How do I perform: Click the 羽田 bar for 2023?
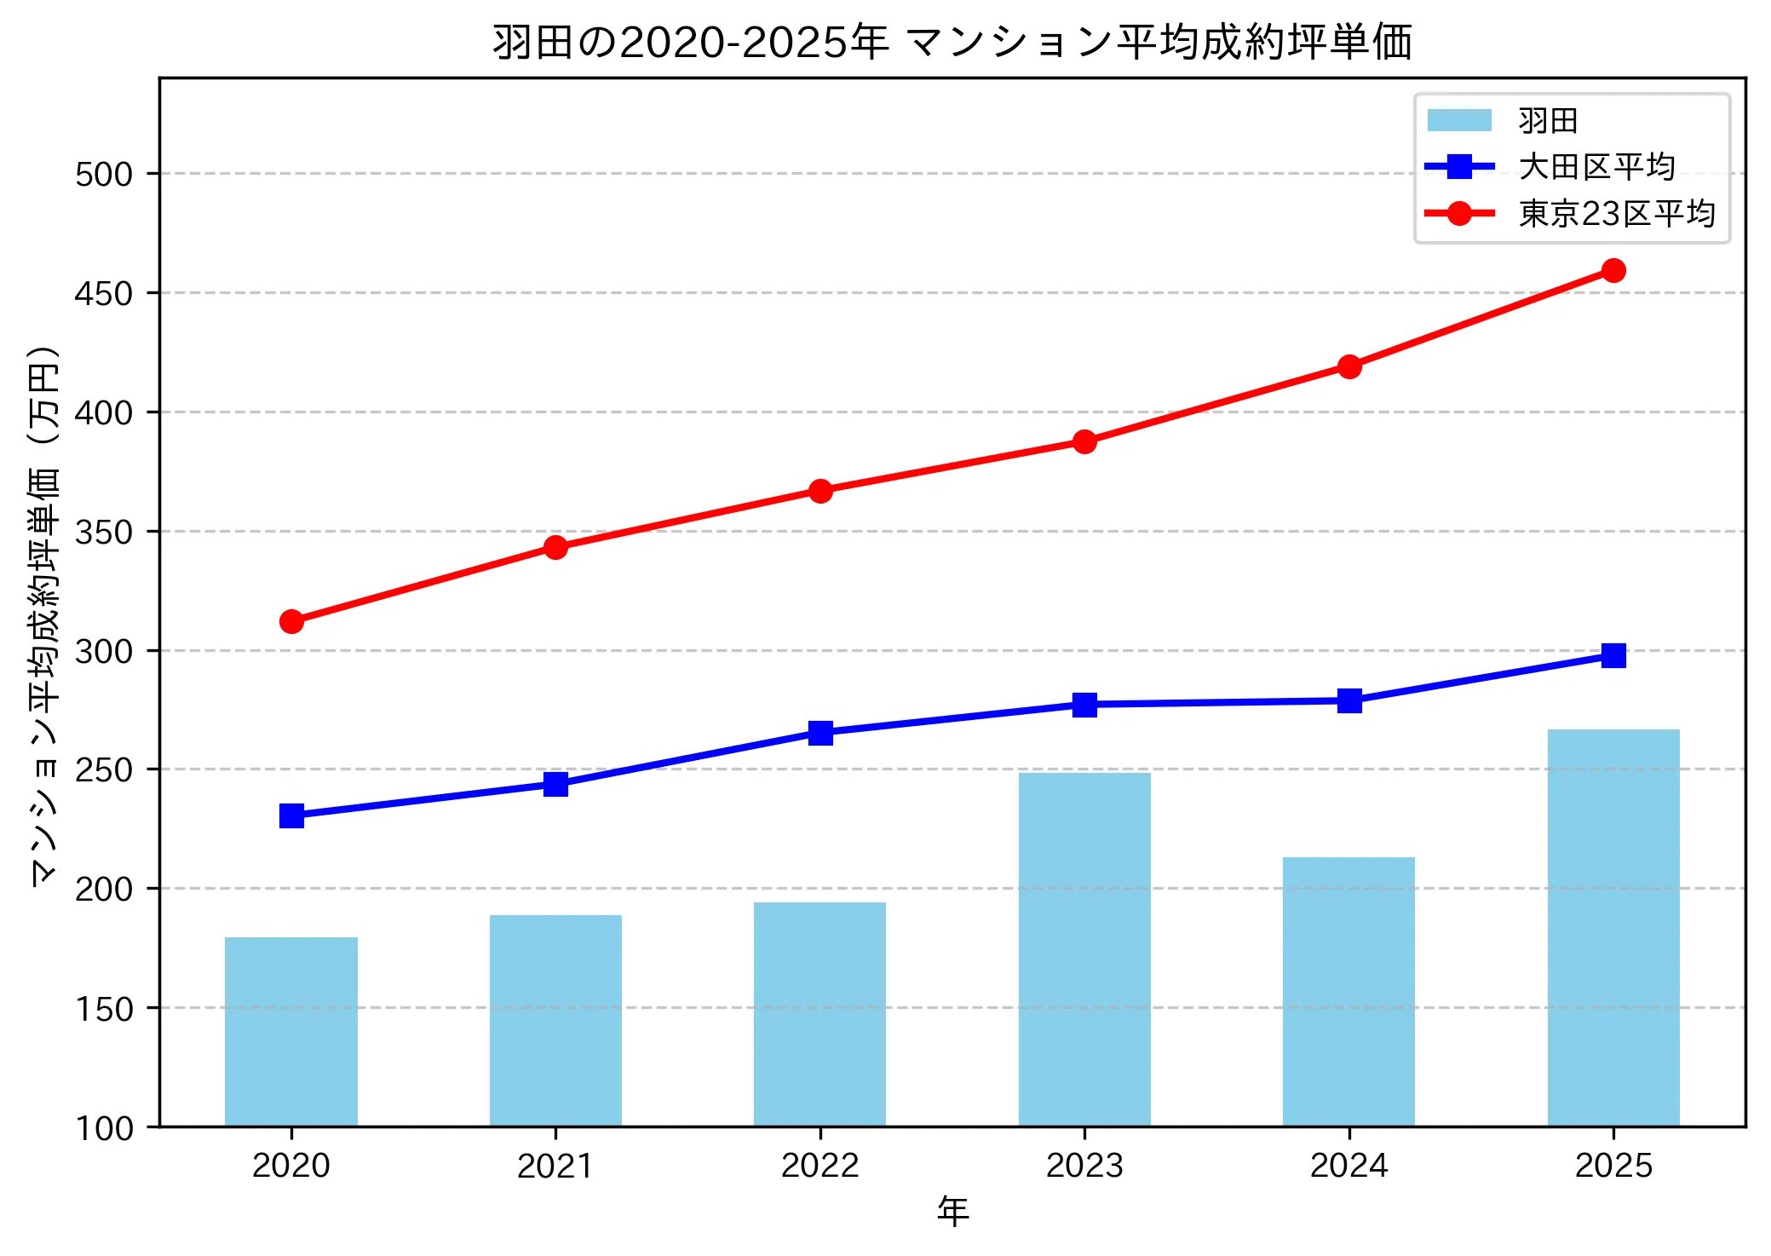pyautogui.click(x=1084, y=949)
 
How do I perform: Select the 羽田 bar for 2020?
pyautogui.click(x=291, y=1032)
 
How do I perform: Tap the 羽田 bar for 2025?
pyautogui.click(x=1613, y=928)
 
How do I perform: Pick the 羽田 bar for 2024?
pyautogui.click(x=1348, y=992)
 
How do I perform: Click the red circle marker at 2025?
pyautogui.click(x=1613, y=271)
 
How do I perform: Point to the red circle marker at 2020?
pyautogui.click(x=291, y=621)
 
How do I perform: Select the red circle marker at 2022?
pyautogui.click(x=820, y=491)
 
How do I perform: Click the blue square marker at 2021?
pyautogui.click(x=555, y=784)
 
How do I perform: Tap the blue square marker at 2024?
pyautogui.click(x=1348, y=701)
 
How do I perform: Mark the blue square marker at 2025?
pyautogui.click(x=1613, y=655)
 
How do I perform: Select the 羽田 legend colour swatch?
pyautogui.click(x=1459, y=121)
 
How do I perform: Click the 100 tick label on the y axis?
pyautogui.click(x=104, y=1128)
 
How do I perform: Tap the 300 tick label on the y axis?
pyautogui.click(x=104, y=651)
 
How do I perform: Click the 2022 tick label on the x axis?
pyautogui.click(x=820, y=1166)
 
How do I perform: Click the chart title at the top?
pyautogui.click(x=952, y=43)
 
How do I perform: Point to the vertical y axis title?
pyautogui.click(x=44, y=616)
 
